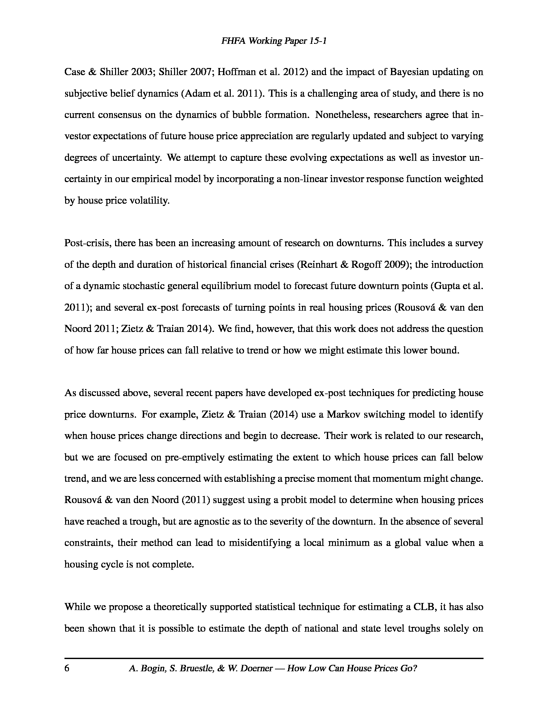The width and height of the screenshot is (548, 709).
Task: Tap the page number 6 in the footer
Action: click(x=67, y=668)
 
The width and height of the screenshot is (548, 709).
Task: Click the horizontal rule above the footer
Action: click(x=274, y=658)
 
